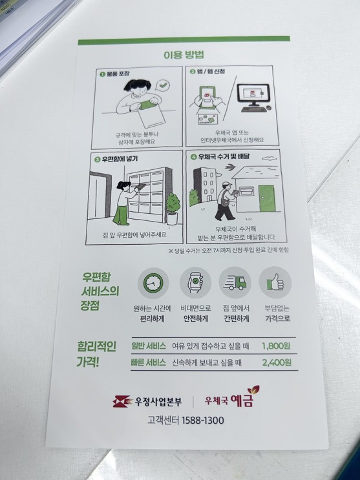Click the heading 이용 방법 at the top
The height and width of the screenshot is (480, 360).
(x=184, y=55)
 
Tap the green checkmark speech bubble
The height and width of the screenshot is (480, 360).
(x=164, y=85)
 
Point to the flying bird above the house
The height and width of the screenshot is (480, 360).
(x=229, y=167)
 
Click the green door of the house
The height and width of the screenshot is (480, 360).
(x=266, y=198)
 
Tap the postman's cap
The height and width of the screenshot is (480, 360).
(x=226, y=183)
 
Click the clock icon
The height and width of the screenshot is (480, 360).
(x=153, y=283)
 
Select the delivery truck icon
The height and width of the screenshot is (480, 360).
(x=235, y=282)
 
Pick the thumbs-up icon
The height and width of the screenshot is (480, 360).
(x=275, y=282)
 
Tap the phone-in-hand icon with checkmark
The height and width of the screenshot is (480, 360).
(x=195, y=282)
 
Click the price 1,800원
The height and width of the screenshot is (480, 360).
(x=276, y=346)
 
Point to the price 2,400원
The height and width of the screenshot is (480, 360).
(x=277, y=362)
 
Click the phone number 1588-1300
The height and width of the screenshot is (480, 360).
(x=202, y=421)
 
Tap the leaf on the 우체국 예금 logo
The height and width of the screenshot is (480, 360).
(x=253, y=390)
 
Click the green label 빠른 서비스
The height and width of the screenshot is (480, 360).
(x=148, y=362)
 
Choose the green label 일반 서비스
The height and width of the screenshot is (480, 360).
(x=149, y=346)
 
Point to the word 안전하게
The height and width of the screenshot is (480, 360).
(x=196, y=318)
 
